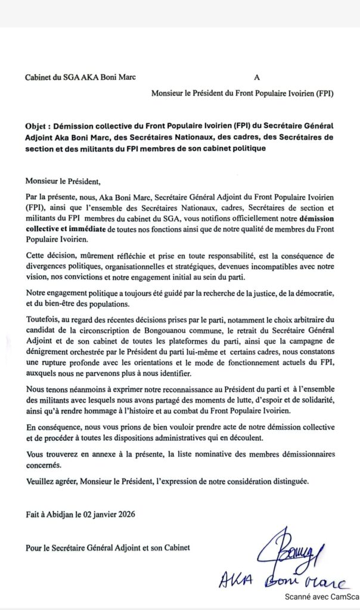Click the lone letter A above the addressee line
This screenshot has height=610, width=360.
(257, 77)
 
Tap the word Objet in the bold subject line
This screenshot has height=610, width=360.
(37, 127)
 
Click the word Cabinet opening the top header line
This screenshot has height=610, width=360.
(39, 77)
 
